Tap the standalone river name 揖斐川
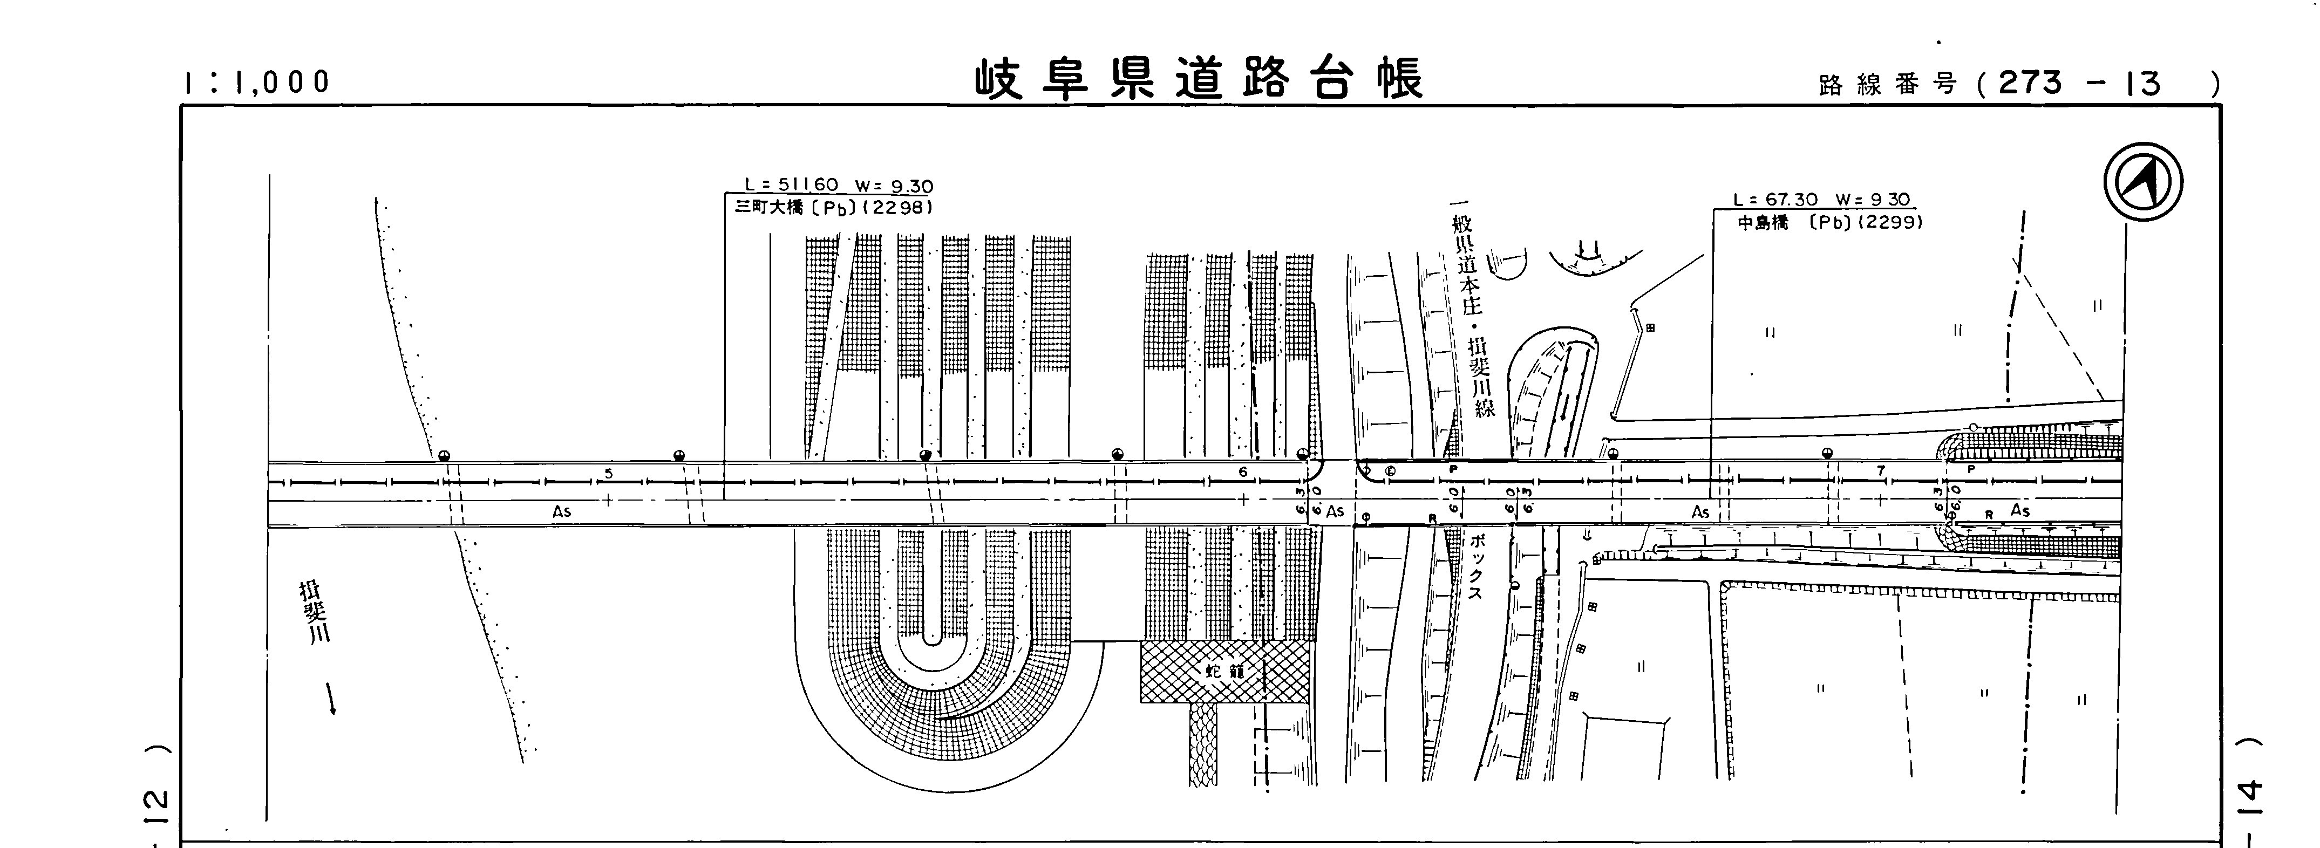coord(314,612)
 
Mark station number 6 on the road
coord(1243,471)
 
